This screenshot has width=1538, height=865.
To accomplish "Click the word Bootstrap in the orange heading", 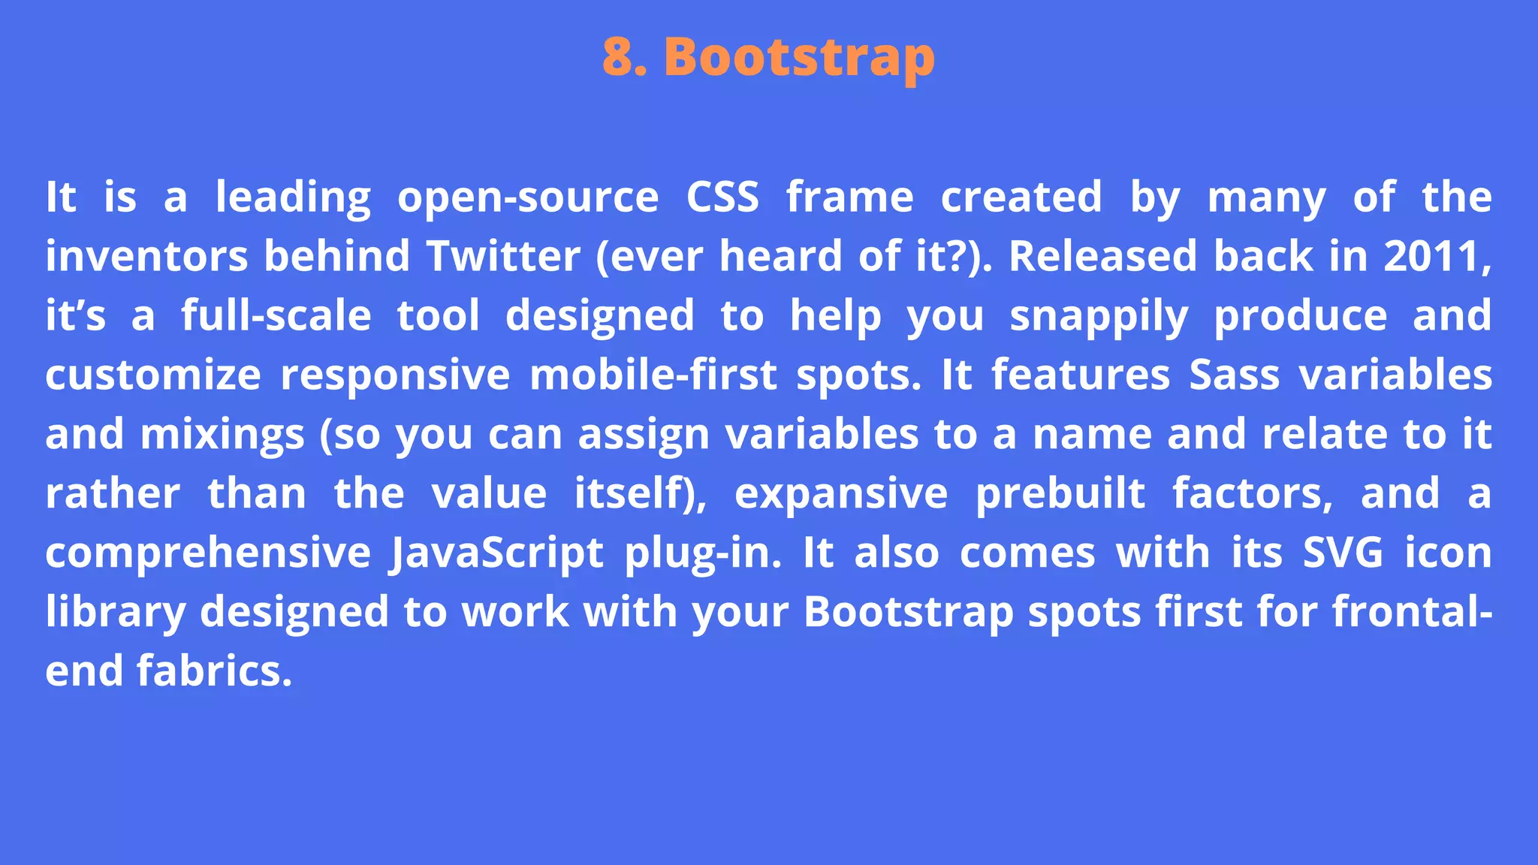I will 800,58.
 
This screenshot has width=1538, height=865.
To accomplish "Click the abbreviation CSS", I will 722,197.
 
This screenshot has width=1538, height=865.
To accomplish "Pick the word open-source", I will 528,197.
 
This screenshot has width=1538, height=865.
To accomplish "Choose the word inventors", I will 146,256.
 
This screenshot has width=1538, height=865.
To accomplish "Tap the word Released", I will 1102,256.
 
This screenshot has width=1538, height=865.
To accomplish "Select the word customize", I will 153,375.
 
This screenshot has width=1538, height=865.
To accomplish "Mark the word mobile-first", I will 653,375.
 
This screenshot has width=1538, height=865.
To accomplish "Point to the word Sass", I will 1234,375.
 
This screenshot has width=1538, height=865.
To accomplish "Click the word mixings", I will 222,434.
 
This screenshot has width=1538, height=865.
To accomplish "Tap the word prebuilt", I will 1060,493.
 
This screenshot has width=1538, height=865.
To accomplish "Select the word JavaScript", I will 496,553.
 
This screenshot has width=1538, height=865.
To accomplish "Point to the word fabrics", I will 214,671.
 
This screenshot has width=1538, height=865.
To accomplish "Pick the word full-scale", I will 276,315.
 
